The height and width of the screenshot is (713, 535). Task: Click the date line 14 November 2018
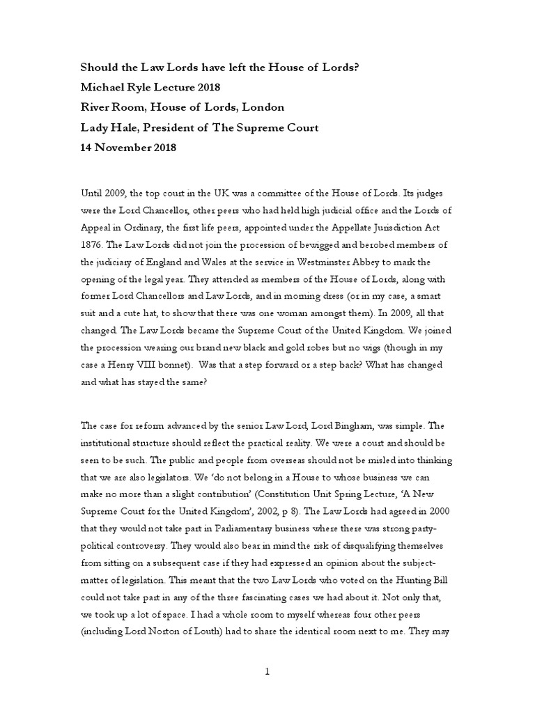click(x=128, y=148)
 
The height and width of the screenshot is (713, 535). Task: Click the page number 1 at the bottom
click(x=267, y=671)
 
